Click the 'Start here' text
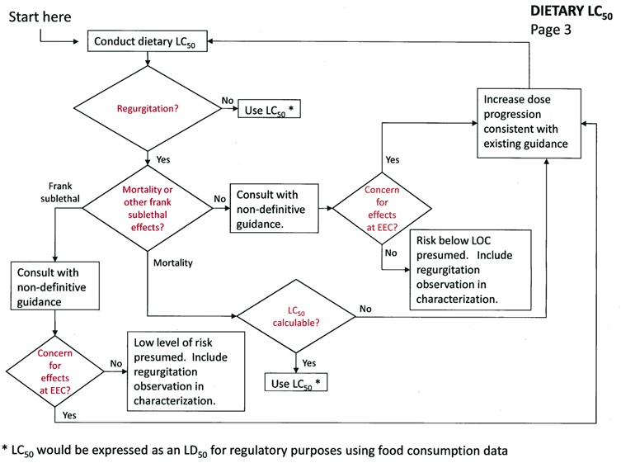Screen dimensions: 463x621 (x=40, y=17)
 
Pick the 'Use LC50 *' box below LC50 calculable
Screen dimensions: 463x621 (x=295, y=384)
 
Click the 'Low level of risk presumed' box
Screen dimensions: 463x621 (x=185, y=371)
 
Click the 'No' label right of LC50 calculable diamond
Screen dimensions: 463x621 (x=366, y=309)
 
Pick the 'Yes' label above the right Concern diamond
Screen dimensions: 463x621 (x=393, y=159)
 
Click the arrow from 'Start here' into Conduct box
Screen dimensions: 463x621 (x=66, y=40)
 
